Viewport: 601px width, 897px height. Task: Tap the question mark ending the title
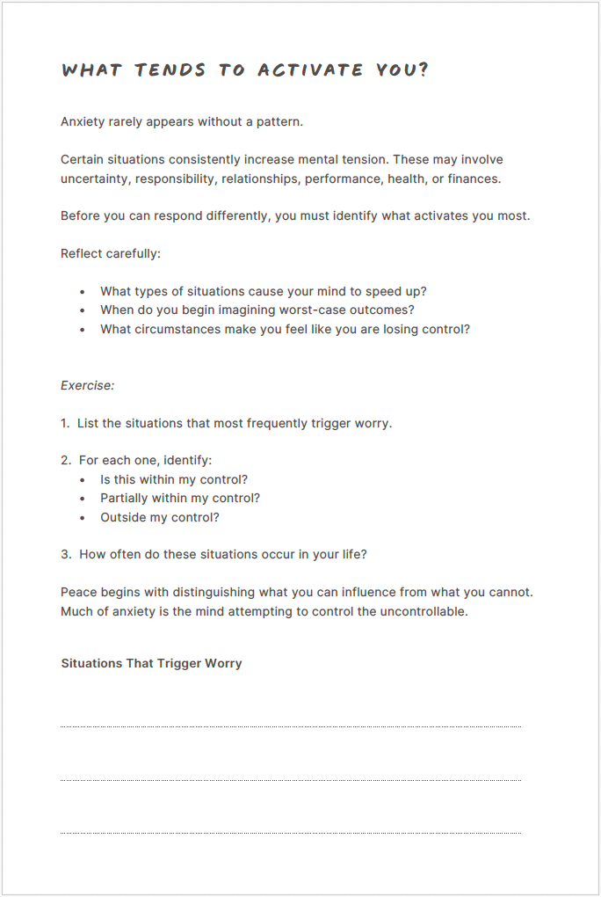[x=424, y=70]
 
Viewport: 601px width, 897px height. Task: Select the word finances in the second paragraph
[x=474, y=179]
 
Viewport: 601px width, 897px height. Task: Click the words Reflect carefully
[x=111, y=253]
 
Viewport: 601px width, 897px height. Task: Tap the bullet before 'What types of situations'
[x=83, y=291]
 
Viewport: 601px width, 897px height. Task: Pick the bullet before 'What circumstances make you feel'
[x=83, y=329]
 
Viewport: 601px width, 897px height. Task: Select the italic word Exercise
[x=87, y=385]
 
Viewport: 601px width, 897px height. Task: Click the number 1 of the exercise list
[x=65, y=423]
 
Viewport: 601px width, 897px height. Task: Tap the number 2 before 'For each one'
[x=65, y=460]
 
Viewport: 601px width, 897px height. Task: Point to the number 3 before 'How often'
[x=65, y=554]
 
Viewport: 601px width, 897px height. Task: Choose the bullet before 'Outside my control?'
[x=83, y=517]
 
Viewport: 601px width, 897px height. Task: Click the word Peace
[x=79, y=592]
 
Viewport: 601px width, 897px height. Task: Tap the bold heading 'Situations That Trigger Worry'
[x=151, y=663]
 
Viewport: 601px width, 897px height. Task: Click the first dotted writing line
[x=290, y=726]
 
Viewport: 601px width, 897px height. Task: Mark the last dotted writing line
[x=290, y=833]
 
